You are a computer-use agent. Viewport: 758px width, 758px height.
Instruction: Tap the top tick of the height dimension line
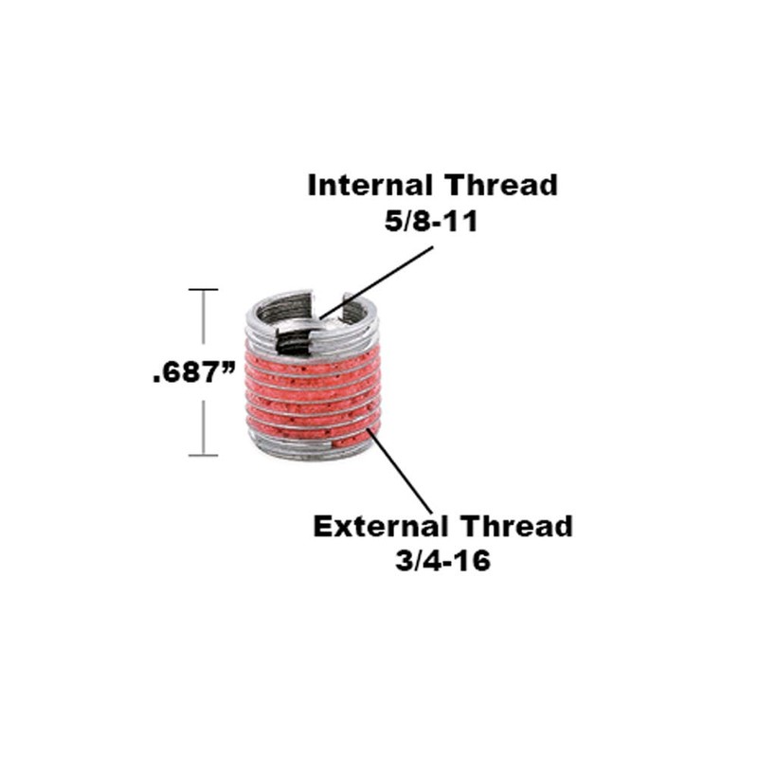(204, 289)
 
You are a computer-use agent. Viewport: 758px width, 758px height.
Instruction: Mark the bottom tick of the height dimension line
(204, 456)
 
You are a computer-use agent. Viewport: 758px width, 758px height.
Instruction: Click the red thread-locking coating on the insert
(313, 388)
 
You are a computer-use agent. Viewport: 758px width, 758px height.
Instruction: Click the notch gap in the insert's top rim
(327, 298)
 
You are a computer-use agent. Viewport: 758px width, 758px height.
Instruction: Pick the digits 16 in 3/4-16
(475, 560)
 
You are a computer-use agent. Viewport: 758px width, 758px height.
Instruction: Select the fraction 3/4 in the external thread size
(414, 560)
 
